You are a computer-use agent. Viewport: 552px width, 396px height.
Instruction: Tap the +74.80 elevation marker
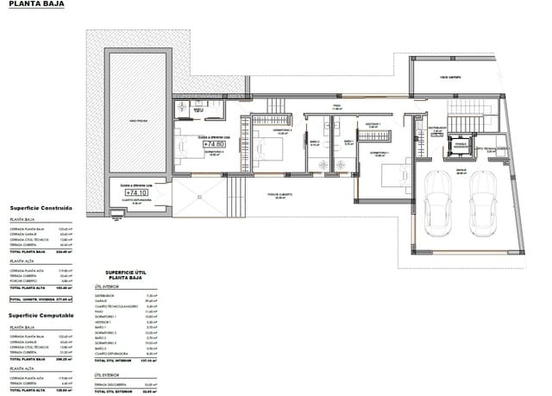pyautogui.click(x=211, y=144)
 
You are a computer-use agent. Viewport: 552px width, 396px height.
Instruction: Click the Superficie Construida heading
pyautogui.click(x=41, y=208)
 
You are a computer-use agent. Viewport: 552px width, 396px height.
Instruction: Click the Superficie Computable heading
pyautogui.click(x=42, y=316)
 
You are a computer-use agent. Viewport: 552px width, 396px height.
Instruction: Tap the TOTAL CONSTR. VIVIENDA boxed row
pyautogui.click(x=43, y=299)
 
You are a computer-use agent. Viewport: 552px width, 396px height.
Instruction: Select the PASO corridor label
pyautogui.click(x=338, y=108)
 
